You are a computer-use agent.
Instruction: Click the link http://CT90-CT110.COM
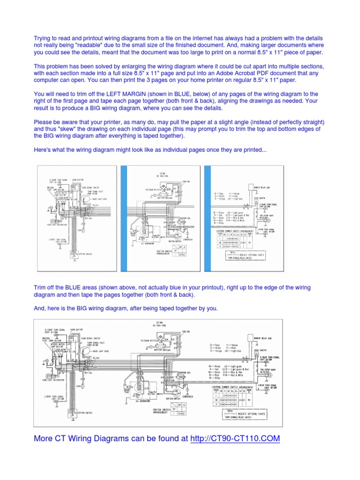pyautogui.click(x=235, y=439)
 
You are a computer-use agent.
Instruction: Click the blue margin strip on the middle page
pyautogui.click(x=124, y=218)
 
